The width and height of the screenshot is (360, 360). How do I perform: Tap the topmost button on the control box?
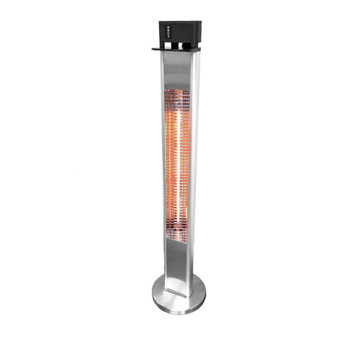[x=169, y=26]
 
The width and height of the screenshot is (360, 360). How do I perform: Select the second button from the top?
[x=169, y=30]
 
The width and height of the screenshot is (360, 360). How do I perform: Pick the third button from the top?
[x=169, y=34]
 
